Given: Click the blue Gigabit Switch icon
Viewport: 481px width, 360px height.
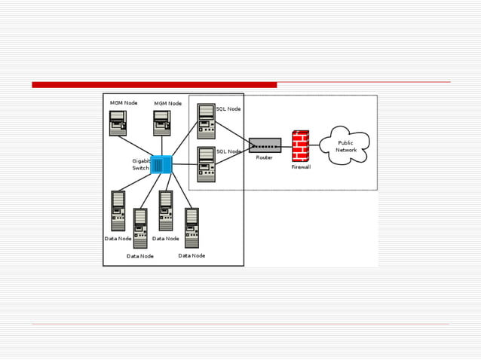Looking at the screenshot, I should click(161, 165).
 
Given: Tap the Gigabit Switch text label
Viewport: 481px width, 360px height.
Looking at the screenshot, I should click(141, 164).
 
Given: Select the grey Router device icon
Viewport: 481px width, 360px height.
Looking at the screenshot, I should click(265, 145).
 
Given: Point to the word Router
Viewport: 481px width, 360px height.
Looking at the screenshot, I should click(264, 157).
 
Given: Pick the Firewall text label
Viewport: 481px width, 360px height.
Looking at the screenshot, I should click(301, 167).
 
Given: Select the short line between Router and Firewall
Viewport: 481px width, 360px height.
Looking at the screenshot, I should click(286, 145).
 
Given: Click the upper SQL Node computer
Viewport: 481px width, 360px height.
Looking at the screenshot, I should click(206, 121).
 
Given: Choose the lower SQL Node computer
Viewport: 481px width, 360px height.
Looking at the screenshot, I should click(206, 164).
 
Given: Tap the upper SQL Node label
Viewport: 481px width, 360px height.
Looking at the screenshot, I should click(228, 109).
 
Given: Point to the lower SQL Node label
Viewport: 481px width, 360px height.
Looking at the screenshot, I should click(228, 151).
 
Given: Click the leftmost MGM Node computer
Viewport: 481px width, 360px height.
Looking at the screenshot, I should click(117, 123).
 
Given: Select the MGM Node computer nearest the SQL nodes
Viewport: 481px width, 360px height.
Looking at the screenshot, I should click(162, 123).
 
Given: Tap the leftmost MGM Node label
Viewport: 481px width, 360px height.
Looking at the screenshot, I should click(124, 102).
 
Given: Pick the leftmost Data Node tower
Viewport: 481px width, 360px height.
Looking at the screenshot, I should click(118, 210).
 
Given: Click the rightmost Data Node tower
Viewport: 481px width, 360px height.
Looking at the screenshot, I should click(191, 228).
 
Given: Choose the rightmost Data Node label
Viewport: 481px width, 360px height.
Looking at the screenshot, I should click(191, 255).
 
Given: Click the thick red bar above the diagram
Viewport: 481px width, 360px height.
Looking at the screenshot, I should click(154, 84).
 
